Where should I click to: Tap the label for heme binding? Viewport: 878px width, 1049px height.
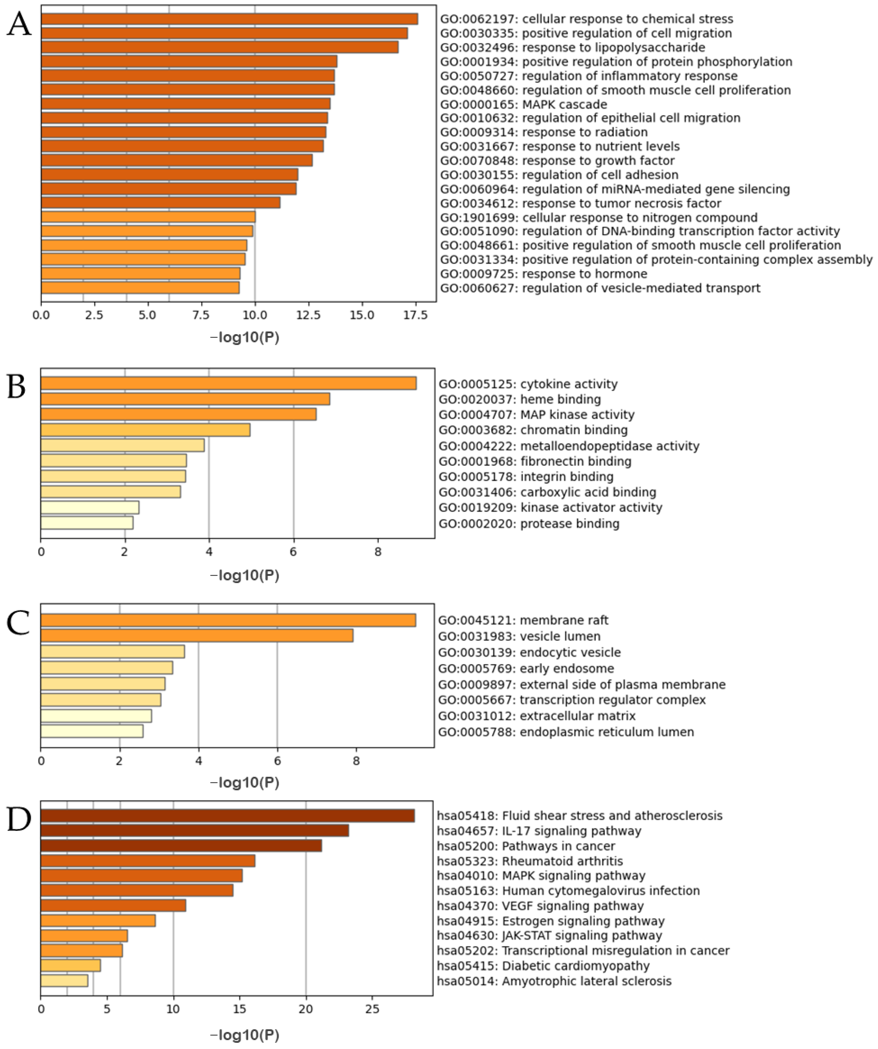[x=520, y=399]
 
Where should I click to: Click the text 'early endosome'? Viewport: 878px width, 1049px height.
[x=567, y=668]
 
